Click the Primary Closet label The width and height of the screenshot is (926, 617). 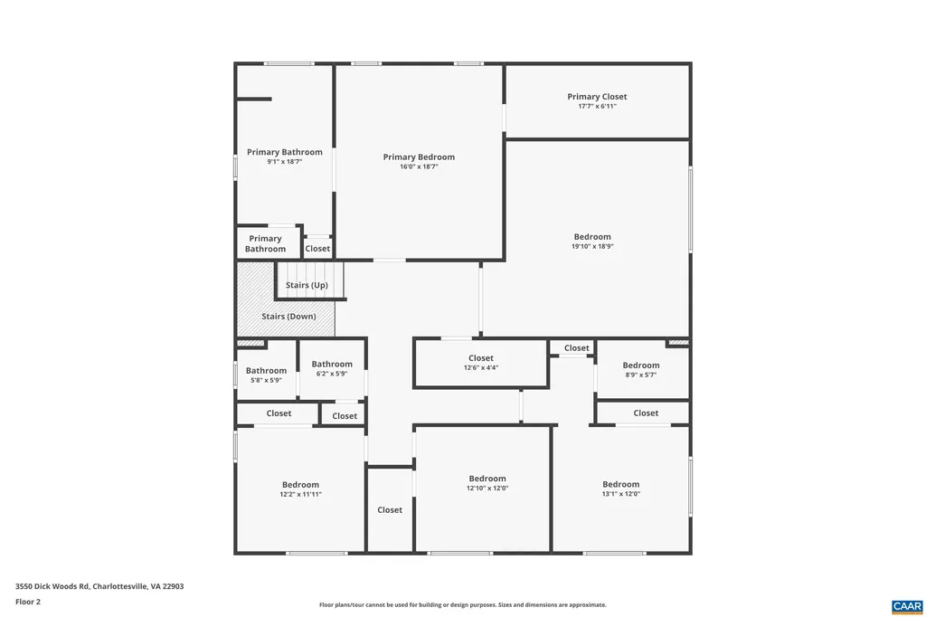pos(597,97)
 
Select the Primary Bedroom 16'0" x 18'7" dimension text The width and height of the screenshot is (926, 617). pos(419,166)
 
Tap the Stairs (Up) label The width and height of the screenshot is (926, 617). pos(307,285)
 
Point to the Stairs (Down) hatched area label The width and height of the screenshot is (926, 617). pos(288,317)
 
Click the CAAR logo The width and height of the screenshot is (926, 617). pos(906,605)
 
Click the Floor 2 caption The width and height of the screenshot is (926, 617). pos(27,601)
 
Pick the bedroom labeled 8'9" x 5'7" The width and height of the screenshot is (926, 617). pos(640,369)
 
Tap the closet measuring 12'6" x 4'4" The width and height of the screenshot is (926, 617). pos(481,363)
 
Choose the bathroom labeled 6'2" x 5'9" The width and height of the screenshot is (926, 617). pos(332,368)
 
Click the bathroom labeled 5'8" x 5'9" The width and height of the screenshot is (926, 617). pos(266,375)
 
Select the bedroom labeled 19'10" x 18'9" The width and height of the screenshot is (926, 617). pos(592,241)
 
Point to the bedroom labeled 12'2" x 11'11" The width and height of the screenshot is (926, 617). pos(300,489)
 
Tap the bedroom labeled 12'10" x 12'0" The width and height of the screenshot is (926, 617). pos(487,483)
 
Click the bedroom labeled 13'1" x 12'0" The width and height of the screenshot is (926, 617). pos(621,489)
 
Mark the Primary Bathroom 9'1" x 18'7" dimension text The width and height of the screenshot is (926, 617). pos(284,162)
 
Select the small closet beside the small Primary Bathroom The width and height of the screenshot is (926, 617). pos(317,248)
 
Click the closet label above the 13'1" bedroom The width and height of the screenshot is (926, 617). pos(646,413)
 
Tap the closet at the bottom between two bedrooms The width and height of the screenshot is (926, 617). pos(390,509)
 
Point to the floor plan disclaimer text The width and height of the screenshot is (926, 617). pos(462,604)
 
